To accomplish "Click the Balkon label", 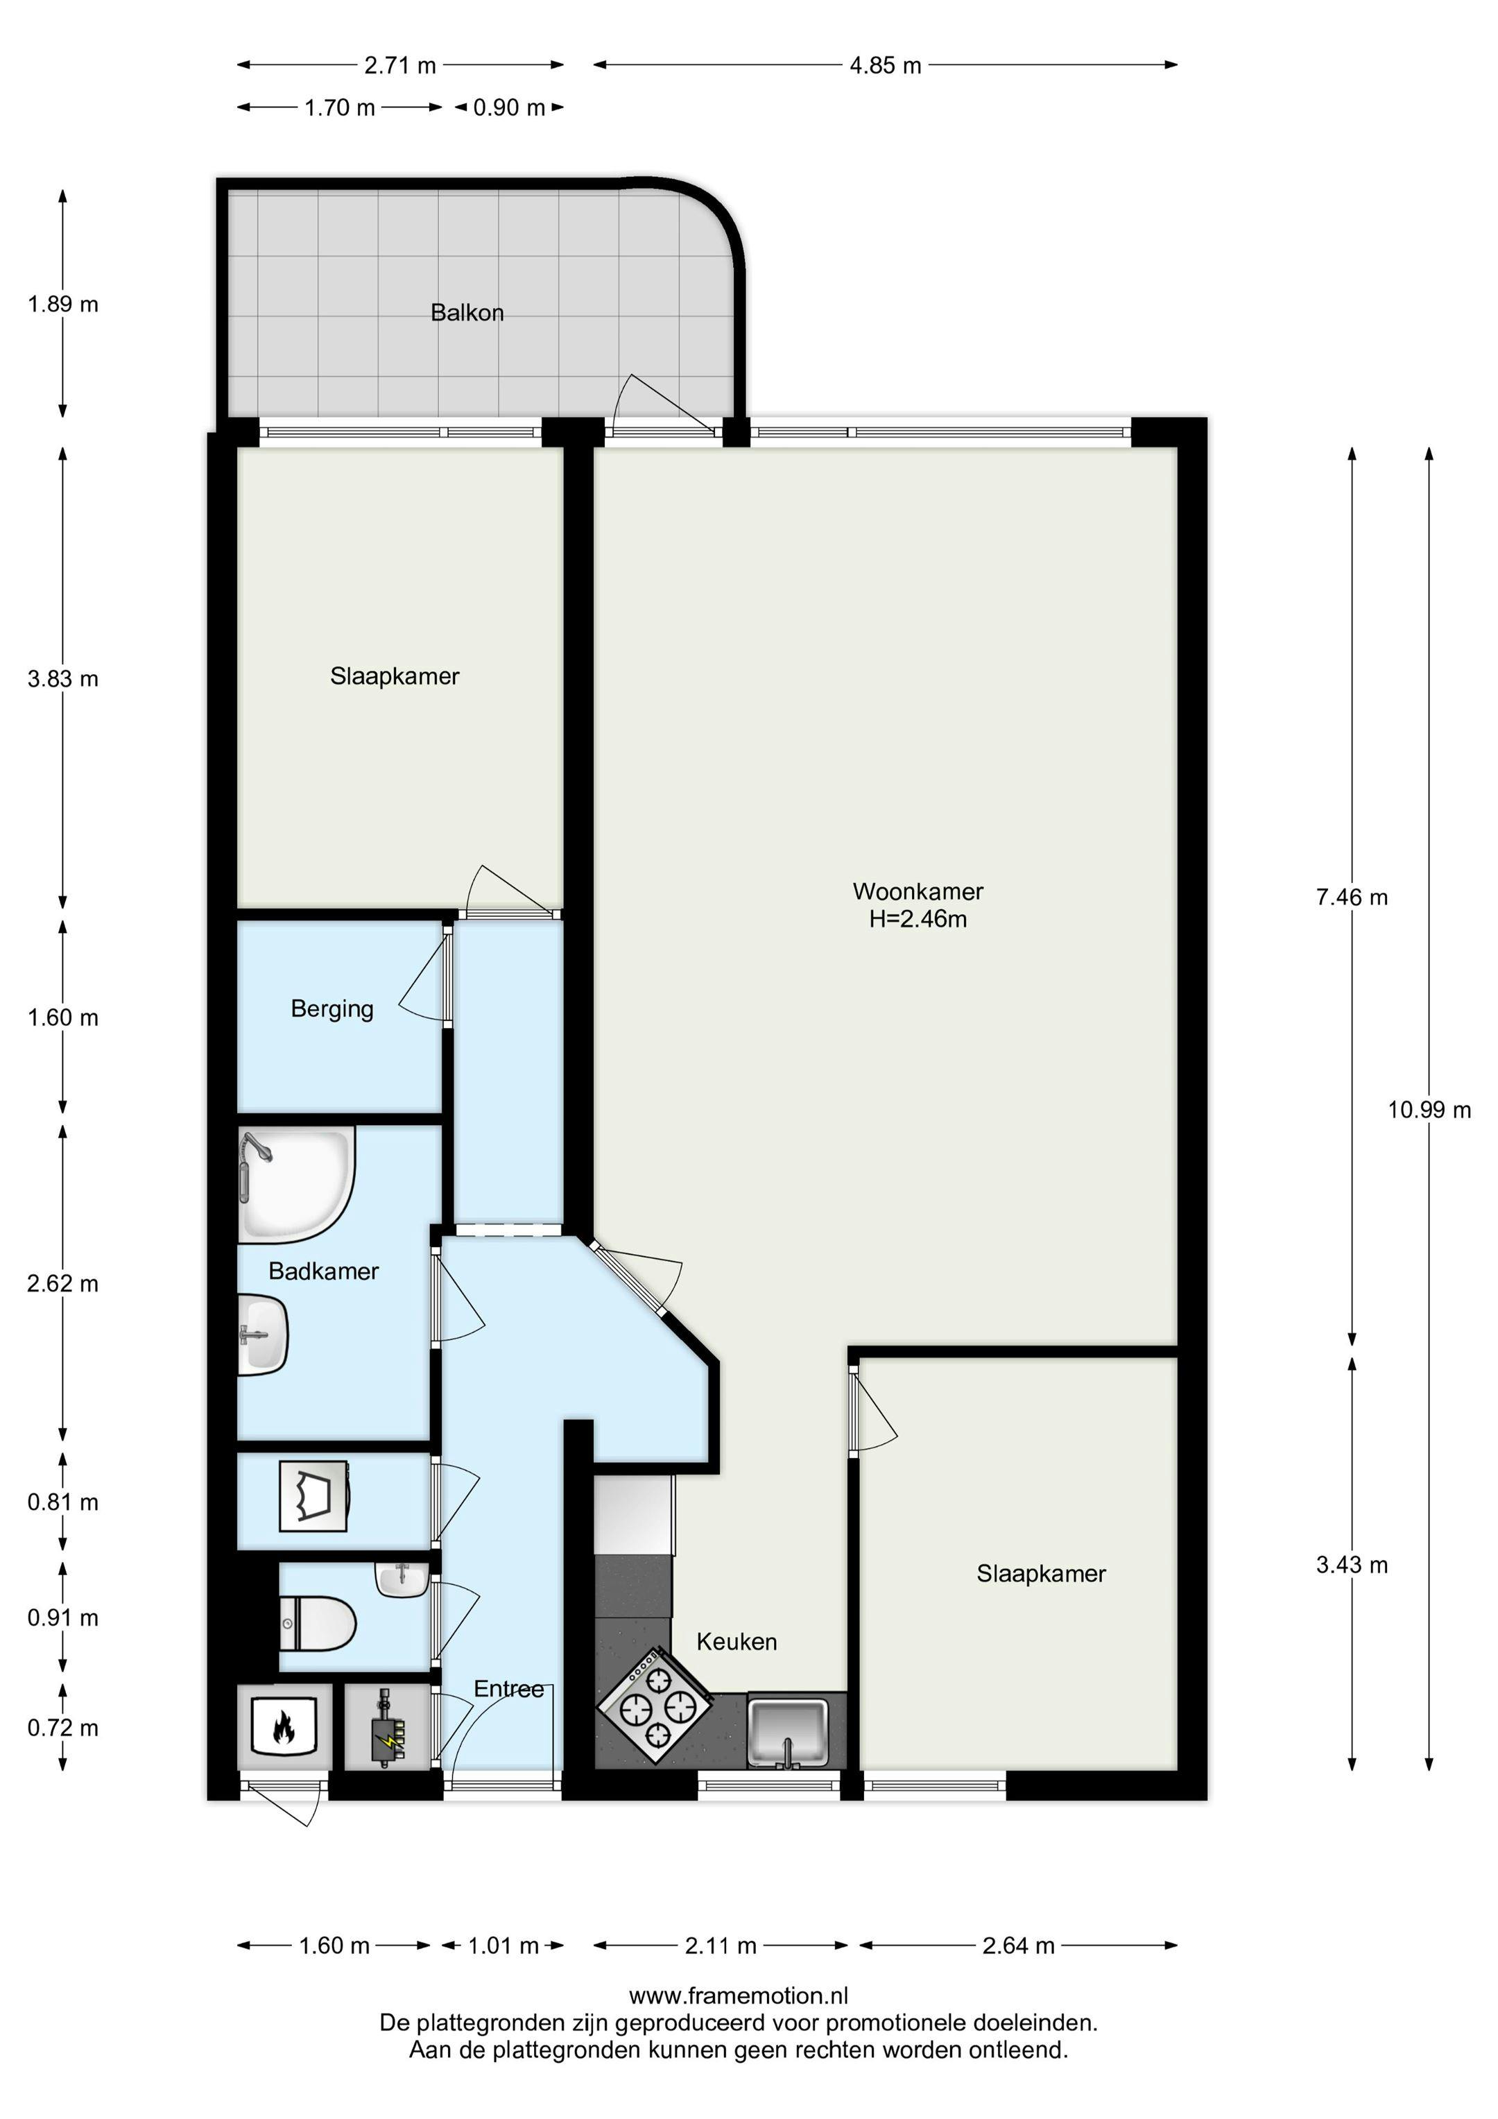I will [x=467, y=313].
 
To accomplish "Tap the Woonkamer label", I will [x=918, y=891].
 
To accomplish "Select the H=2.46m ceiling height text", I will [x=918, y=919].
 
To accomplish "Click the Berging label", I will [x=332, y=1009].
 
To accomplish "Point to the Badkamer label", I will [x=324, y=1272].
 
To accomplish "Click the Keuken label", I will [x=737, y=1642].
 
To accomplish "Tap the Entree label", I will [x=508, y=1689].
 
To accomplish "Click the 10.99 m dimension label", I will [x=1428, y=1110].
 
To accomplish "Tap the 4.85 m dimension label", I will [x=885, y=65].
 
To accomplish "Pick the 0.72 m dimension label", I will [x=62, y=1728].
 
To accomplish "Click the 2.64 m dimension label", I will [x=1018, y=1946].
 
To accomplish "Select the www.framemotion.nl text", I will [x=739, y=1996].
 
